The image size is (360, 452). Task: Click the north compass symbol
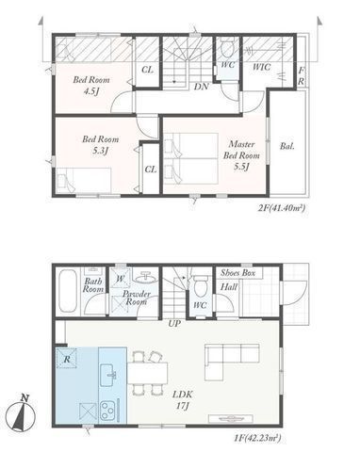click(x=21, y=413)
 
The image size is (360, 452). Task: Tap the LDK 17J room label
click(x=183, y=400)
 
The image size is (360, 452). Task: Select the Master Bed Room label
click(x=241, y=155)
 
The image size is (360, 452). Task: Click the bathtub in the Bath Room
click(x=68, y=291)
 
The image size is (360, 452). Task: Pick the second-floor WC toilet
click(x=226, y=47)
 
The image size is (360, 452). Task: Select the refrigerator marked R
click(x=66, y=358)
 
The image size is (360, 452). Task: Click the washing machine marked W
click(x=121, y=278)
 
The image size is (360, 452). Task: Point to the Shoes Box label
click(x=237, y=273)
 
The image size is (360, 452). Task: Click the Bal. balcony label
click(x=287, y=146)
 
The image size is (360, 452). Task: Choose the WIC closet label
click(x=261, y=67)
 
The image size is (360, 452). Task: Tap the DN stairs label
click(x=201, y=87)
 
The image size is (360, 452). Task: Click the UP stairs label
click(x=174, y=324)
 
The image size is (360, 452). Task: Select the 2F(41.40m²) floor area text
click(x=282, y=208)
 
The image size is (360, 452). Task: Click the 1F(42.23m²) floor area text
click(x=257, y=438)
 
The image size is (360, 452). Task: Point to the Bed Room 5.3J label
click(x=101, y=145)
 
